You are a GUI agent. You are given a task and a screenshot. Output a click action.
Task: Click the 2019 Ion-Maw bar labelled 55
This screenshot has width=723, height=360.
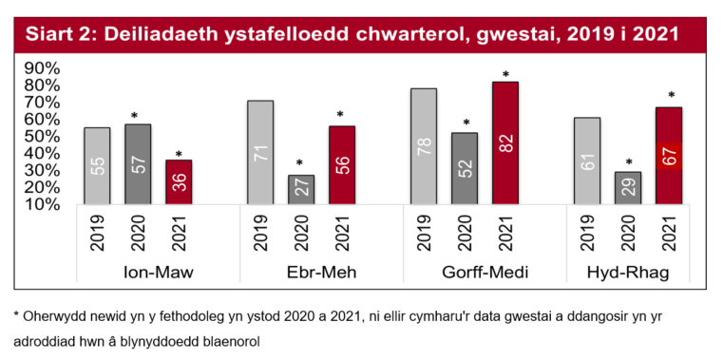[x=97, y=166]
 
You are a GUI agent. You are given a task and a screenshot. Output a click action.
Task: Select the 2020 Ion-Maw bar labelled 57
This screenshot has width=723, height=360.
[x=138, y=164]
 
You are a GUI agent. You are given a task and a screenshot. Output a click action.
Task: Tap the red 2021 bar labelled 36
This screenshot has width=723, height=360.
[x=179, y=181]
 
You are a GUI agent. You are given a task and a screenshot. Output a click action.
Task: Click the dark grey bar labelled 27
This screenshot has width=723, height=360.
[x=301, y=189]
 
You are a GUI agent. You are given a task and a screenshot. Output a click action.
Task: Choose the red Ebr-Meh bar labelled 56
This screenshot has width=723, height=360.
[x=342, y=165]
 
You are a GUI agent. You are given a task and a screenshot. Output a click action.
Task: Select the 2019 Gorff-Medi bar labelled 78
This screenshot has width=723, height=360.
[x=424, y=146]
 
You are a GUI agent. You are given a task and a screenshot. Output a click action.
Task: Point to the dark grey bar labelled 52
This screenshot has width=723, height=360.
[x=465, y=168]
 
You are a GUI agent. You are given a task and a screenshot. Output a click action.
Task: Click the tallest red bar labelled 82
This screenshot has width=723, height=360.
[x=505, y=142]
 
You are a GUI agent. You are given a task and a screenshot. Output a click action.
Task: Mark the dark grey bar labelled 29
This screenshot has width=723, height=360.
[x=628, y=188]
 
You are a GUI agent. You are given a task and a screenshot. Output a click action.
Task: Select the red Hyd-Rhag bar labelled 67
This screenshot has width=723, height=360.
[x=669, y=156]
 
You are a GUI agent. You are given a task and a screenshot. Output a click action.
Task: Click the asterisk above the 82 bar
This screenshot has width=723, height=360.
[x=505, y=75]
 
